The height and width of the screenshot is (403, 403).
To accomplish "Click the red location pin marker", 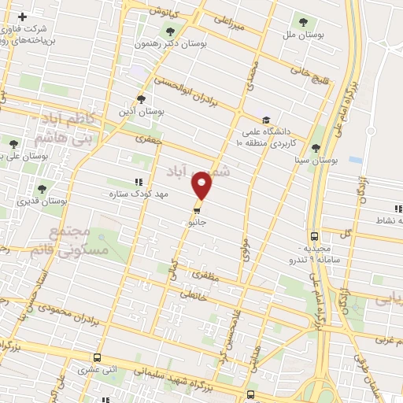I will [x=202, y=186].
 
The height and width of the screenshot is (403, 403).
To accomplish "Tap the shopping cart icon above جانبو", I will [x=198, y=210].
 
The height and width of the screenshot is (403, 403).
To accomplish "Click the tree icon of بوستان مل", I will [x=304, y=21].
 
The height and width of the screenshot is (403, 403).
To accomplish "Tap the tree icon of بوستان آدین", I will [x=140, y=99].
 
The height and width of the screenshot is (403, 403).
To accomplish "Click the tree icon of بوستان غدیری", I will [x=41, y=188].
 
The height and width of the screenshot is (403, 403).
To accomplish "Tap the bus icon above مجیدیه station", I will [x=315, y=235].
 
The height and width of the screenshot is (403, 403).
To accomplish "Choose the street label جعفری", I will [x=148, y=139].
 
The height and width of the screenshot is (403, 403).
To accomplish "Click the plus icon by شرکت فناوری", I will [x=22, y=17].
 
